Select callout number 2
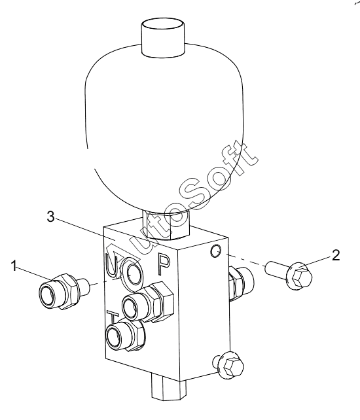pyautogui.click(x=336, y=255)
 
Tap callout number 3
pyautogui.click(x=51, y=217)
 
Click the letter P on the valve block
pyautogui.click(x=164, y=264)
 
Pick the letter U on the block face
pyautogui.click(x=111, y=265)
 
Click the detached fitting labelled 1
pyautogui.click(x=63, y=292)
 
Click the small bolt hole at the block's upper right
pyautogui.click(x=215, y=251)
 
